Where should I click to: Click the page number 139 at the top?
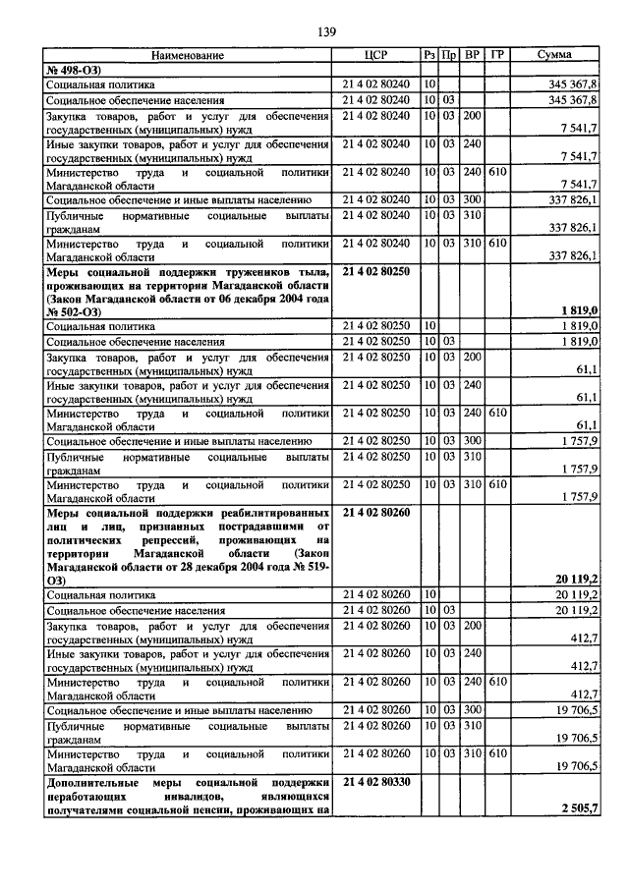pyautogui.click(x=326, y=32)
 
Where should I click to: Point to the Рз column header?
pyautogui.click(x=429, y=55)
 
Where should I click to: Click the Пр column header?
pyautogui.click(x=449, y=55)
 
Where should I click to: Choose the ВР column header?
pyautogui.click(x=473, y=55)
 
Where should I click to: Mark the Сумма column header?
pyautogui.click(x=555, y=55)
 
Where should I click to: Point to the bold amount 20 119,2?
pyautogui.click(x=577, y=580)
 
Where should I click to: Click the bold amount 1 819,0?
pyautogui.click(x=579, y=310)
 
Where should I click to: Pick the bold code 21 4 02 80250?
pyautogui.click(x=377, y=268)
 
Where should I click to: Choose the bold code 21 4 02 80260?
pyautogui.click(x=377, y=512)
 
